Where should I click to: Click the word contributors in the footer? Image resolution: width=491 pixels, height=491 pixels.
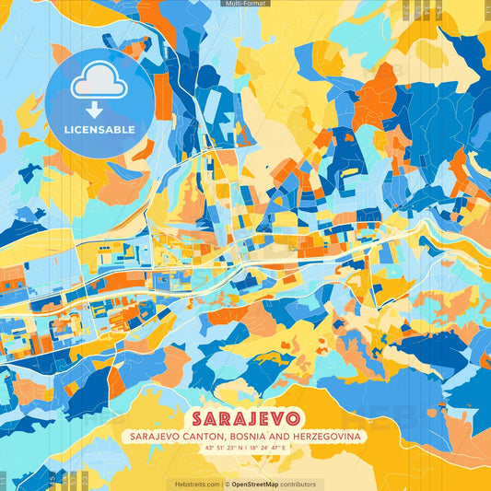coord(298,484)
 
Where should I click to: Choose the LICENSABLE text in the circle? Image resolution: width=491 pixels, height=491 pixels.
coord(99,130)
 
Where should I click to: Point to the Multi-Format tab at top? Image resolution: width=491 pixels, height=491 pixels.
coord(245,4)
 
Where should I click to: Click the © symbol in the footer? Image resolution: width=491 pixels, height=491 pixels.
coord(226,484)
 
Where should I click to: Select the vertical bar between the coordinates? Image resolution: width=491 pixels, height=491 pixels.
coord(246,447)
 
